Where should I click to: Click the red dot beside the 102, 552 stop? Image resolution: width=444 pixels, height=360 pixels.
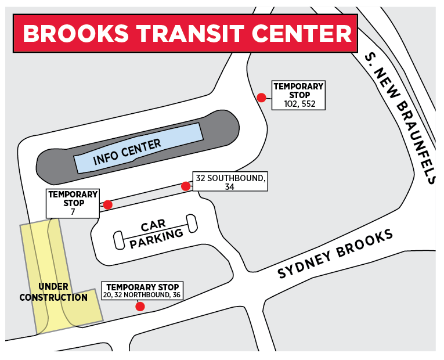[x=262, y=98]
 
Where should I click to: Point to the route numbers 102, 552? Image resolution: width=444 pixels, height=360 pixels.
[x=299, y=104]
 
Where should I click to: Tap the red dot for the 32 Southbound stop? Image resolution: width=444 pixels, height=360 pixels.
[x=186, y=186]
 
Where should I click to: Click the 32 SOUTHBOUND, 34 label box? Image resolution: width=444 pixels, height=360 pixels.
[x=230, y=182]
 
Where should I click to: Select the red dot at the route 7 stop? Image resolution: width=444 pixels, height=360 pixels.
[x=107, y=204]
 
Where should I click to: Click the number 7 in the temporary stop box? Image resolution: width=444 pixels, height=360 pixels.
[x=74, y=212]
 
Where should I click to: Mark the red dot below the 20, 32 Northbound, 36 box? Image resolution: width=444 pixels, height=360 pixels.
[x=140, y=306]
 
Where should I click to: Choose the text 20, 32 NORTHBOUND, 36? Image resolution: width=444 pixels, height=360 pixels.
[x=142, y=295]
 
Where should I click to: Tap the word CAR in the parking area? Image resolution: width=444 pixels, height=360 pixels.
[x=153, y=225]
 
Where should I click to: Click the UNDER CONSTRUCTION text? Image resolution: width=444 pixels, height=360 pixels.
[x=53, y=292]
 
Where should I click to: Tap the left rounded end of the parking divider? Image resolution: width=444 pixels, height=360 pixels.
[x=118, y=240]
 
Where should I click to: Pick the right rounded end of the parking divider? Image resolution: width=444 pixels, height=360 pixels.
[x=192, y=222]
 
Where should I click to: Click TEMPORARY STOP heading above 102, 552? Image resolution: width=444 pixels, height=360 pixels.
[x=299, y=91]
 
